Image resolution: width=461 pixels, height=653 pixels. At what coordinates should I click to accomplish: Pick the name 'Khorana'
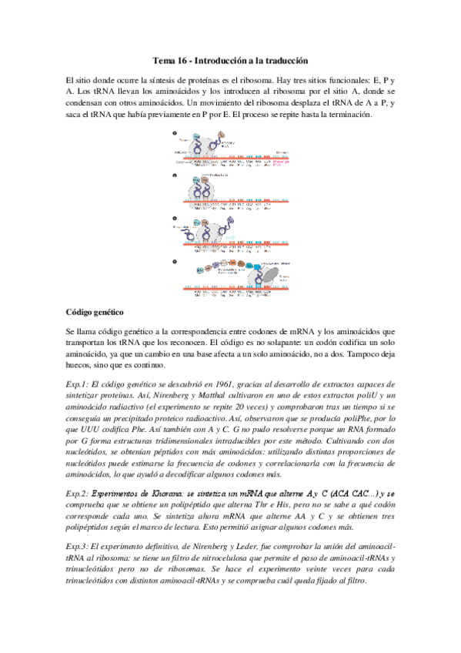171,493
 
